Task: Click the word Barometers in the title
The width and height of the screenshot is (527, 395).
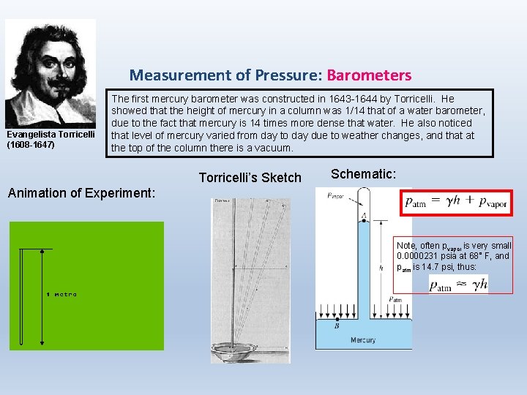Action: point(369,75)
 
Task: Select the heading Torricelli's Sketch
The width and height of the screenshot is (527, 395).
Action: point(250,177)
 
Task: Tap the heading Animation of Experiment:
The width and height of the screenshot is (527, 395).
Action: point(80,193)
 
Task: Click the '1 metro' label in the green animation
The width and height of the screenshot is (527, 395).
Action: point(61,295)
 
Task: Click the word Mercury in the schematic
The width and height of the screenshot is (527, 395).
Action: point(363,340)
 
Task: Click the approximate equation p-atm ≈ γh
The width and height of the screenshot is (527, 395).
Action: point(457,284)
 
